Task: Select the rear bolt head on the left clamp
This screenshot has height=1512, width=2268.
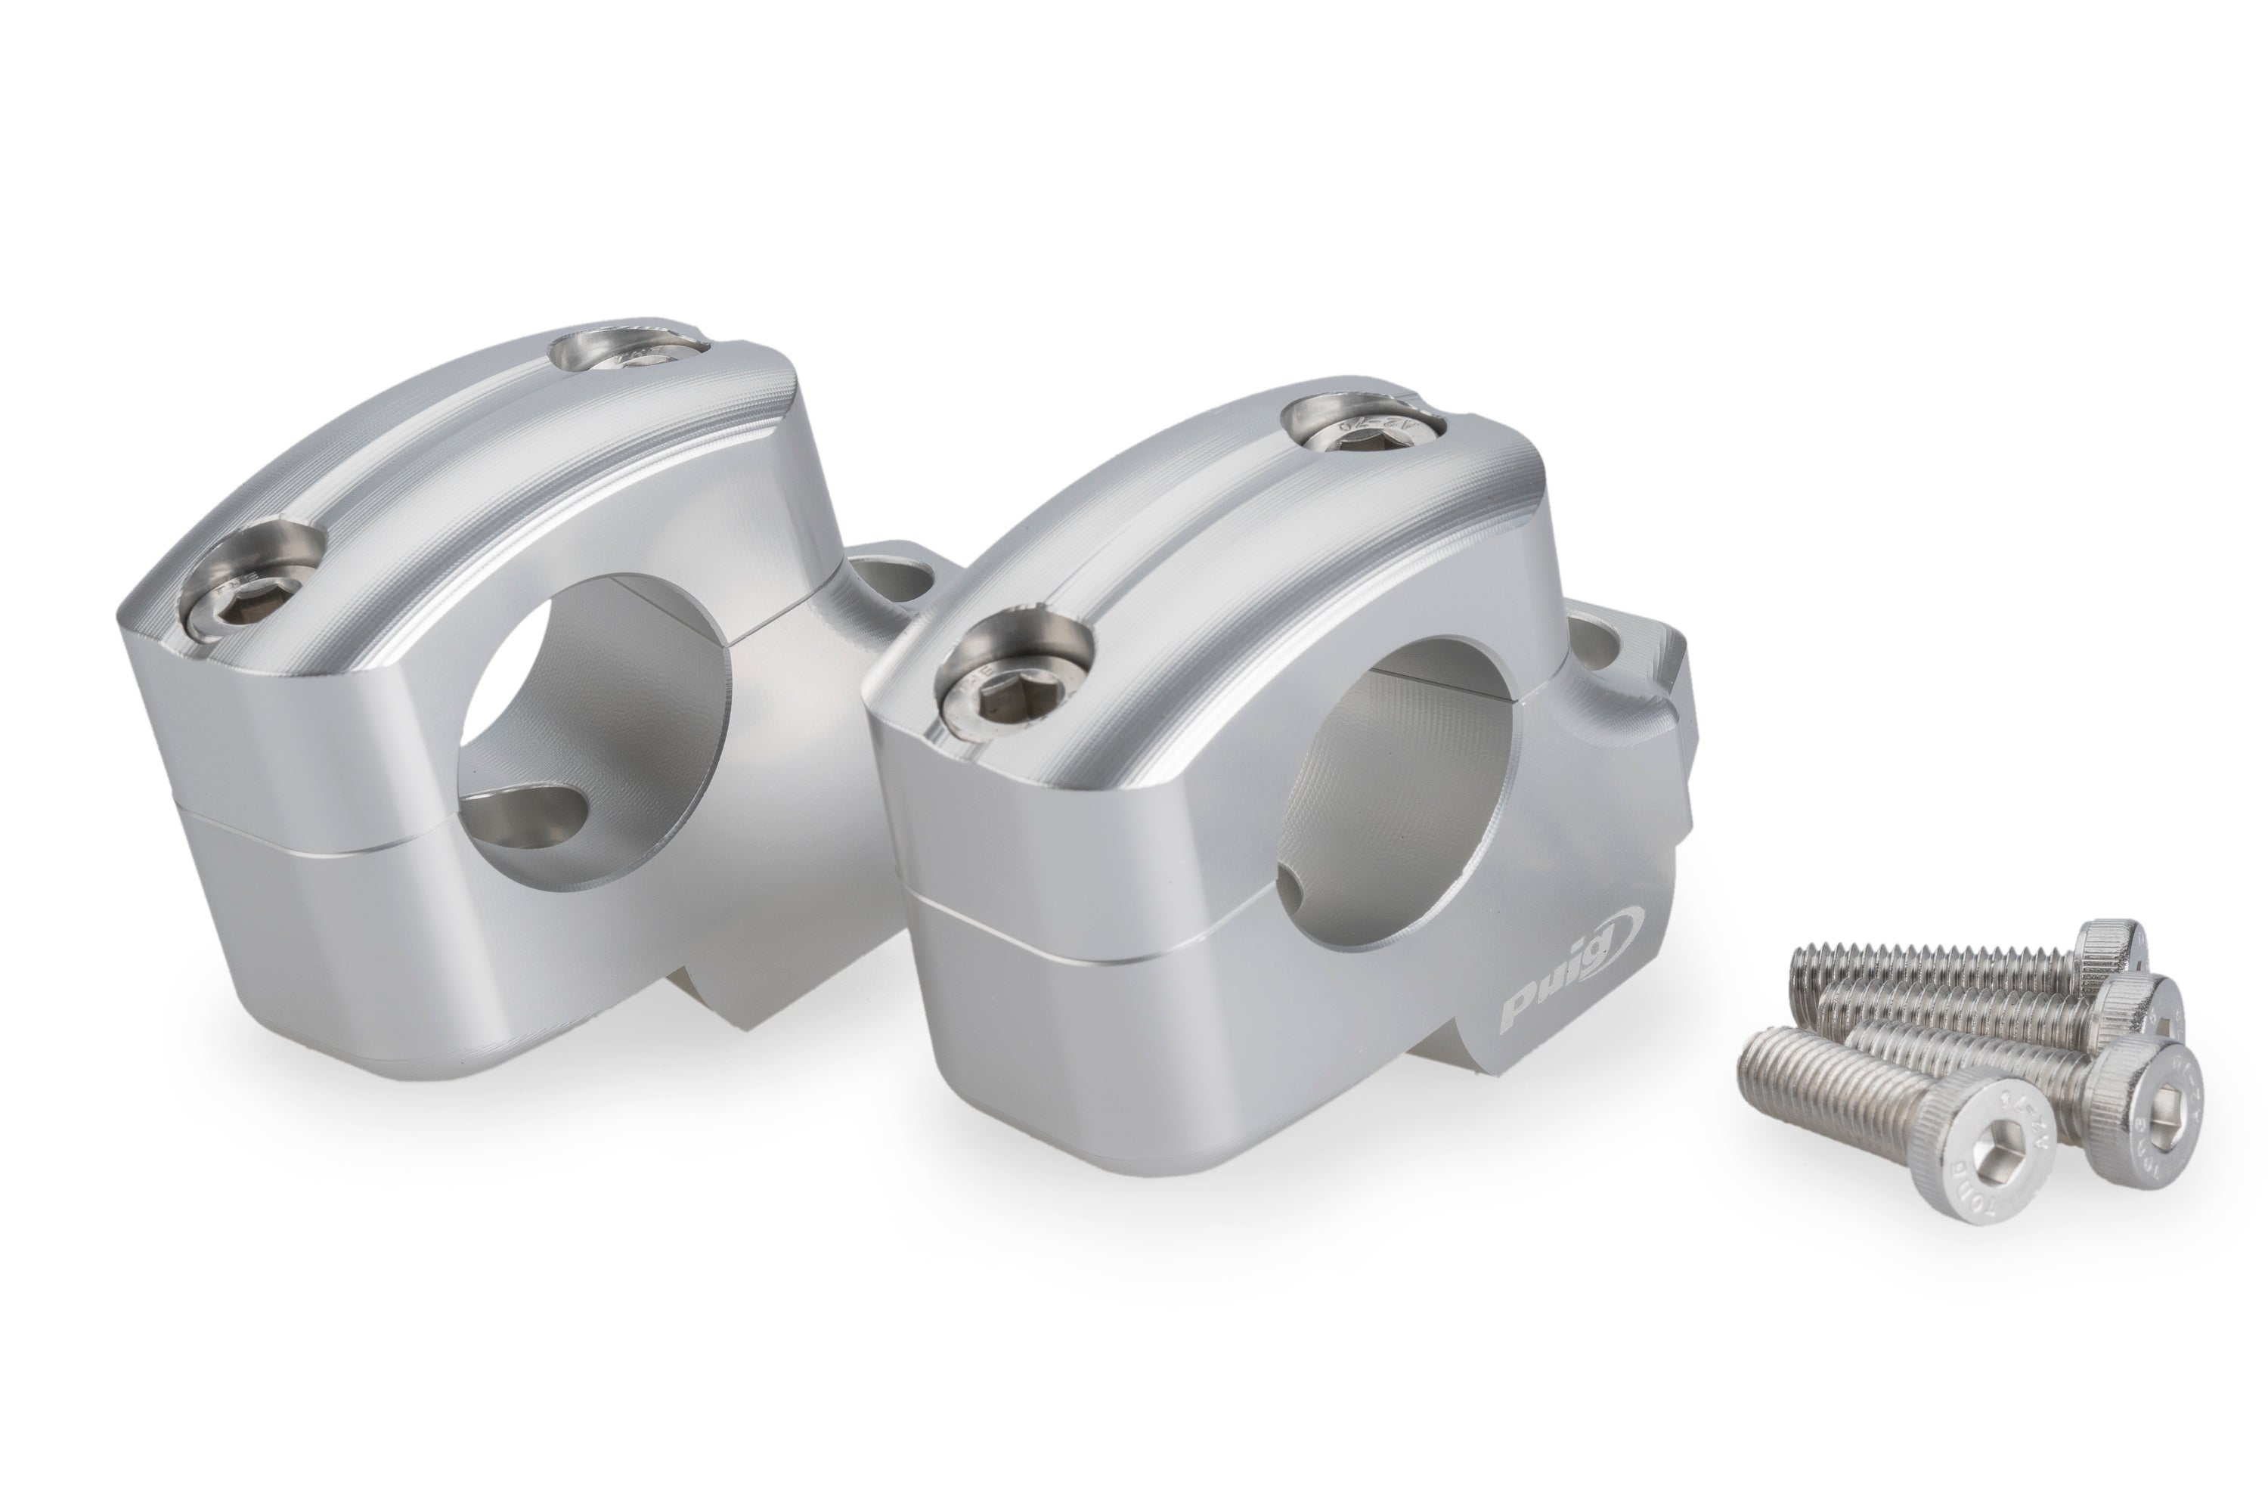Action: pos(633,355)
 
